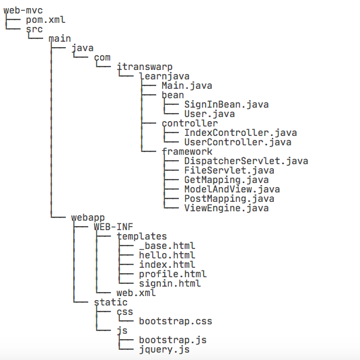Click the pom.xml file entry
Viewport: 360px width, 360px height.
46,20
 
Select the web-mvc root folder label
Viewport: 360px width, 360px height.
23,10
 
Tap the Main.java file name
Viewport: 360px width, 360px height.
187,86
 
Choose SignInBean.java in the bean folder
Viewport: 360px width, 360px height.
227,105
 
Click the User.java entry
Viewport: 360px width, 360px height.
210,114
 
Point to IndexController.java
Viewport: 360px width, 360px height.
241,133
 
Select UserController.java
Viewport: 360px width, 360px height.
238,143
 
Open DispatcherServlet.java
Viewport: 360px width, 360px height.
246,161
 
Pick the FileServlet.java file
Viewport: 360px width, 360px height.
229,171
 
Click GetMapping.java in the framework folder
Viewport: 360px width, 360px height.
227,180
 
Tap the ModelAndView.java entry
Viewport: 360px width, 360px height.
232,189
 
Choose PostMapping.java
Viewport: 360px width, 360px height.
229,199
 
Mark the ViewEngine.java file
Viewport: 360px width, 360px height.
227,208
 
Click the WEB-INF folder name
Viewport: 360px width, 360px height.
114,227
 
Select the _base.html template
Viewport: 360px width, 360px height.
167,246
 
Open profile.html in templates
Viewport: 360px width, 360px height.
173,274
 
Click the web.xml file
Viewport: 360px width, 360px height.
136,293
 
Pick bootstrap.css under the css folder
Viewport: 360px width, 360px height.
176,321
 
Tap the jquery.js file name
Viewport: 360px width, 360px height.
164,349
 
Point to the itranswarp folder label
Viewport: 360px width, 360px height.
145,67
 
